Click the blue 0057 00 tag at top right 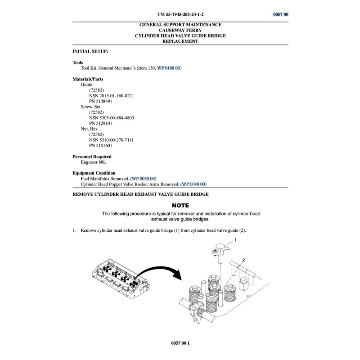pos(280,14)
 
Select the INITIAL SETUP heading pos(90,52)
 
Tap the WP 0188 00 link pos(169,68)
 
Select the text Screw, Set pos(90,107)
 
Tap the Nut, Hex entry pos(89,129)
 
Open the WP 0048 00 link pos(193,184)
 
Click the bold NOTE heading pos(180,205)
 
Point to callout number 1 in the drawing pos(235,241)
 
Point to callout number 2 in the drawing pos(243,260)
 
